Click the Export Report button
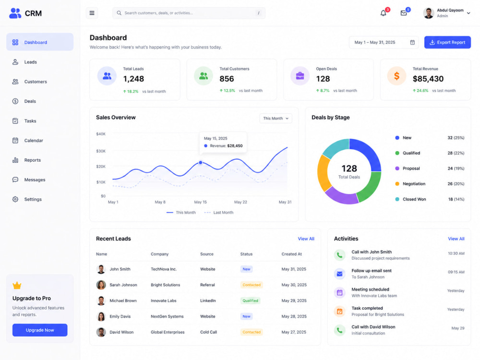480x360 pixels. click(x=447, y=42)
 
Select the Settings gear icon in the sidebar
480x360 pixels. click(x=15, y=199)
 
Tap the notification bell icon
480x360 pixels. click(x=383, y=13)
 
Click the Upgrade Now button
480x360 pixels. click(x=40, y=330)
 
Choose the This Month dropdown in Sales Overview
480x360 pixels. click(x=276, y=119)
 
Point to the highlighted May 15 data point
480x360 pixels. click(x=201, y=163)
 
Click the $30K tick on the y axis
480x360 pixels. click(x=101, y=151)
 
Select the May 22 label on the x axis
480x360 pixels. click(x=240, y=202)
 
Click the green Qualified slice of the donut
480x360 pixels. click(x=370, y=187)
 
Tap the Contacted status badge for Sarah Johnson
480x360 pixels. click(x=252, y=285)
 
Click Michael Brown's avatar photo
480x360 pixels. click(x=101, y=300)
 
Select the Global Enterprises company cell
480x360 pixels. click(x=168, y=332)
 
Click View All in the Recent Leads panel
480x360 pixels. click(x=306, y=239)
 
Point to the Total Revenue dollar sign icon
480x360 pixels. click(x=397, y=76)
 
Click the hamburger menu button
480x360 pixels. click(x=92, y=13)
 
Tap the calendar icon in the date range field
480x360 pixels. click(x=412, y=42)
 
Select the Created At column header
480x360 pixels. click(x=292, y=254)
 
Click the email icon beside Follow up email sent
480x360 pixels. click(x=339, y=274)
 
